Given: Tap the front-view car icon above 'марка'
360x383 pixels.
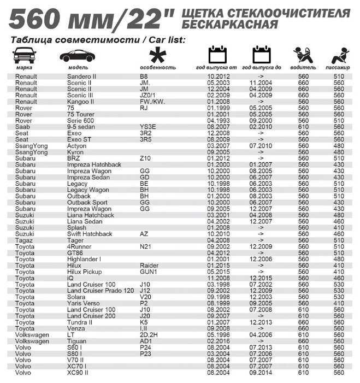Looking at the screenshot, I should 25,55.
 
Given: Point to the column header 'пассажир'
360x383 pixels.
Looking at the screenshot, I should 338,68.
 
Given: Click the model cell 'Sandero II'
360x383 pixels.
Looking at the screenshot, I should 82,76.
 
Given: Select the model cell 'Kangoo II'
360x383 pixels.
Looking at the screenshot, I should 81,102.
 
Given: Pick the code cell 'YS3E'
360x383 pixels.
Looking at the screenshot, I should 147,127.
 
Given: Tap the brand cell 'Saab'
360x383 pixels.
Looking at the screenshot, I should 22,127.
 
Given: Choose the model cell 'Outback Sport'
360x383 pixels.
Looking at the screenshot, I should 87,203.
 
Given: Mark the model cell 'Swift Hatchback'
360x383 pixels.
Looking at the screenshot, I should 90,234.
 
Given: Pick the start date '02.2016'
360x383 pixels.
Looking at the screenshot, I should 219,341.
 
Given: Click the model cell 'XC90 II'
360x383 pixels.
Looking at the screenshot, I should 78,373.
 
